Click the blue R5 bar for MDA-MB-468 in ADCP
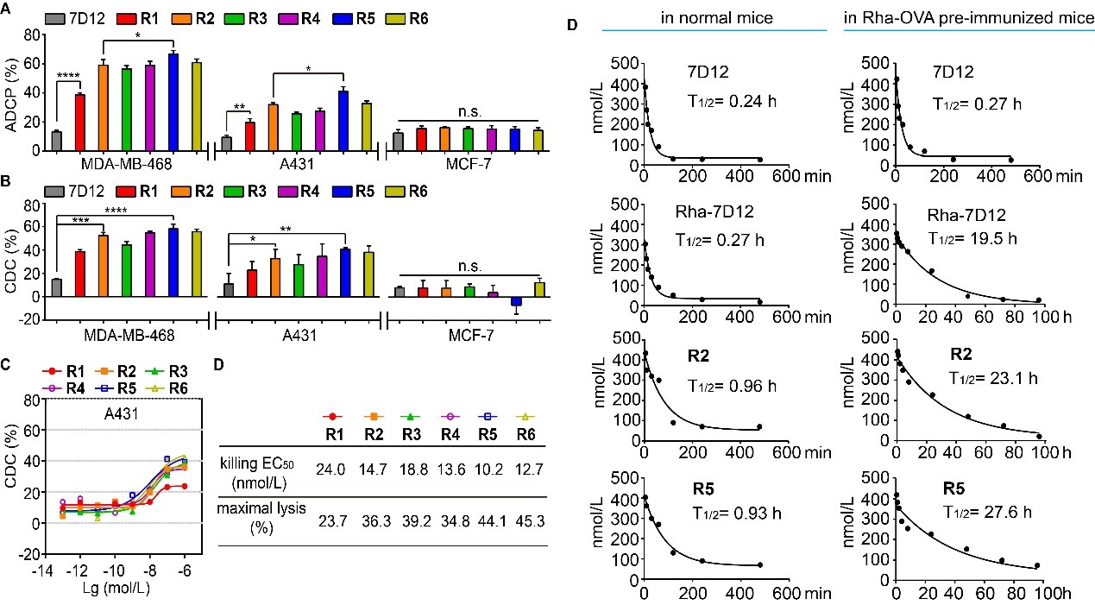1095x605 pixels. (x=173, y=102)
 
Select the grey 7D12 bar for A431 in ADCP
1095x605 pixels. (x=227, y=143)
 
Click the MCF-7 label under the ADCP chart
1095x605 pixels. (x=468, y=163)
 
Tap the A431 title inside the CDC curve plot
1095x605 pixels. (x=106, y=412)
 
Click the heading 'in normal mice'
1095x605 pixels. (x=714, y=16)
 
